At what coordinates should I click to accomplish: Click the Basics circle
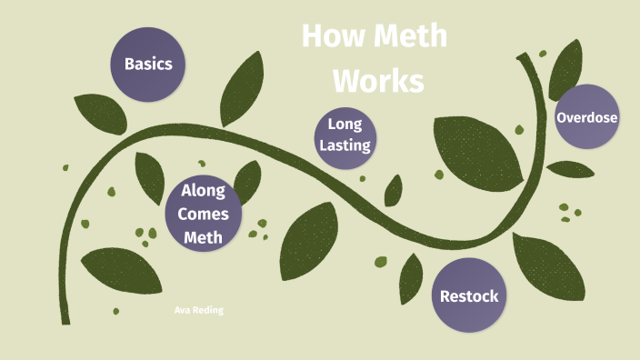click(x=148, y=65)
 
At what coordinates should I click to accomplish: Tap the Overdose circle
click(x=587, y=117)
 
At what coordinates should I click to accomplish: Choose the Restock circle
click(x=469, y=295)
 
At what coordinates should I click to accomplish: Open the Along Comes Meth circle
click(x=204, y=214)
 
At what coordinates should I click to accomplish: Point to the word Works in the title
click(x=378, y=81)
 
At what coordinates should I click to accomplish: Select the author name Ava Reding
click(x=198, y=310)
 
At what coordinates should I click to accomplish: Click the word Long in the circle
click(x=345, y=124)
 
